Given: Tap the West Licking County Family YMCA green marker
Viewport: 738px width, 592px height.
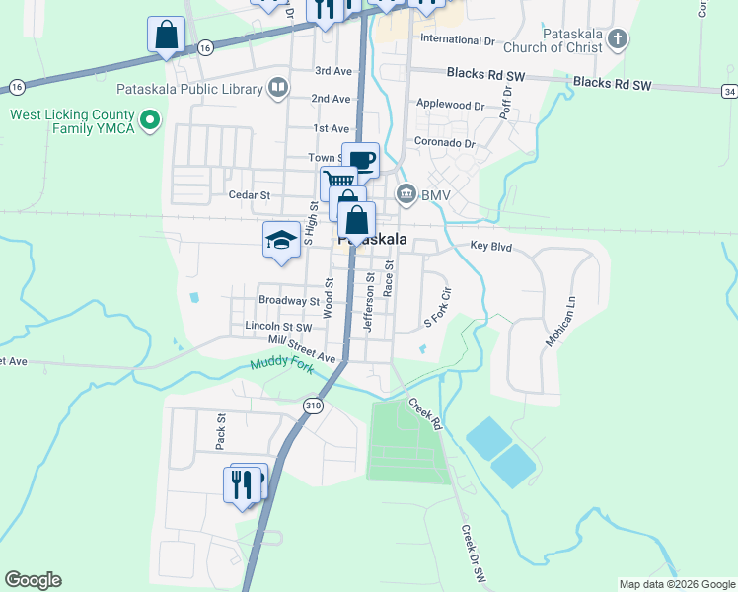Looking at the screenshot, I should point(150,120).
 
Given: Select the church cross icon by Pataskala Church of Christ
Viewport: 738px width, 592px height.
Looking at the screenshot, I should point(618,39).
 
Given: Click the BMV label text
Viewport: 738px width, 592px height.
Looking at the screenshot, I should point(435,195).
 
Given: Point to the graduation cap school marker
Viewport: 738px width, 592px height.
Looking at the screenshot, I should point(281,240).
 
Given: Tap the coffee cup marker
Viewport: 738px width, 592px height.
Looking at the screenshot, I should point(361,160).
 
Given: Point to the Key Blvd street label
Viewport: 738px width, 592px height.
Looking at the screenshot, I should point(491,246).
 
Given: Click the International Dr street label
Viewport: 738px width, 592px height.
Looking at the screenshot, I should point(457,39).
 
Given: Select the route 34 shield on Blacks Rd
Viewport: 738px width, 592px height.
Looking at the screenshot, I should point(729,91).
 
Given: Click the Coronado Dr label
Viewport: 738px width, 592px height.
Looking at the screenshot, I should point(445,142).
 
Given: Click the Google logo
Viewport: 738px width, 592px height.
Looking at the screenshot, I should point(33,580).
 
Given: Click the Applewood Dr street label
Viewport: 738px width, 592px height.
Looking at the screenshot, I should point(451,105).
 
